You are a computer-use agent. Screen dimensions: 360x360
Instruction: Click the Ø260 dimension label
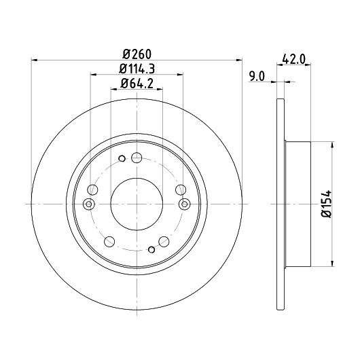click(x=137, y=54)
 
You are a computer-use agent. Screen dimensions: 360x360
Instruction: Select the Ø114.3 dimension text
click(x=137, y=69)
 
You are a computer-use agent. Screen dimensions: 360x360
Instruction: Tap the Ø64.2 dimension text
click(x=137, y=84)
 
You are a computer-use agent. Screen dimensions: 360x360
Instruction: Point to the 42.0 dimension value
click(x=293, y=60)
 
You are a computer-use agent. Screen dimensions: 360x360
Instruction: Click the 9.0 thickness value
click(x=257, y=76)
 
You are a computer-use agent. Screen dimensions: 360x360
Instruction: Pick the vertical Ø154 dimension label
click(x=327, y=203)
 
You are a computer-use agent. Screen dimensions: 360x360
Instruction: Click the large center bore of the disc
click(x=137, y=204)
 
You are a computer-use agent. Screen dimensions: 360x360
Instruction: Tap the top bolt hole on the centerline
click(x=137, y=158)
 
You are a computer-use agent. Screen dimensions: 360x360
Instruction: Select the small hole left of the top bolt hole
click(x=122, y=158)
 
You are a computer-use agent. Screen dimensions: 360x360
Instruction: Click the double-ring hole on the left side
click(x=89, y=204)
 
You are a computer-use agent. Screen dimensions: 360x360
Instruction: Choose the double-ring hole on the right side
click(x=185, y=204)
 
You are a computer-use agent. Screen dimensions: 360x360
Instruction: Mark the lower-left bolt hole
click(x=109, y=242)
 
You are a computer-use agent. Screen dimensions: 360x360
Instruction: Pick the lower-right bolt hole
click(x=164, y=242)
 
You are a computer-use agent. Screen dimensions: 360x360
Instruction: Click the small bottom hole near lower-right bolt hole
click(x=151, y=249)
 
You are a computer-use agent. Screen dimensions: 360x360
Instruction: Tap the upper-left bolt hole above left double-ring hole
click(x=92, y=190)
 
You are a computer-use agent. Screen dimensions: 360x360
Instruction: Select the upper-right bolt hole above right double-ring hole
click(x=181, y=190)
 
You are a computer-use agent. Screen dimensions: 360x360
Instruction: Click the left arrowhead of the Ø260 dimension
click(x=34, y=60)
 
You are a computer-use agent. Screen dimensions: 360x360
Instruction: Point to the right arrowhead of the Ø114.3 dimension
click(x=180, y=75)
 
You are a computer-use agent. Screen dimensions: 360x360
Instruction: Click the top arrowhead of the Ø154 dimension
click(x=332, y=145)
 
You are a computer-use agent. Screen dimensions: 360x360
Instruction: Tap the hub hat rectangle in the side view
click(x=298, y=204)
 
